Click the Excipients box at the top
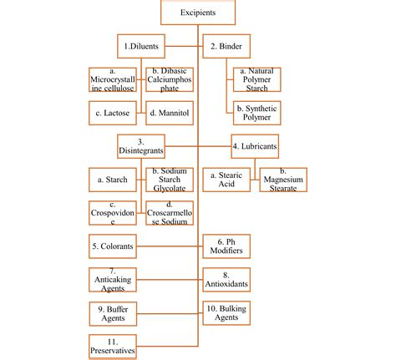[198, 13]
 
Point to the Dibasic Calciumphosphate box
[170, 79]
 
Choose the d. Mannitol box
[170, 111]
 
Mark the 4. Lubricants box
[255, 146]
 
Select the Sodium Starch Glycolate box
[170, 180]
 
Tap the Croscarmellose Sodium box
[170, 213]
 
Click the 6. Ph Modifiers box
[226, 246]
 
